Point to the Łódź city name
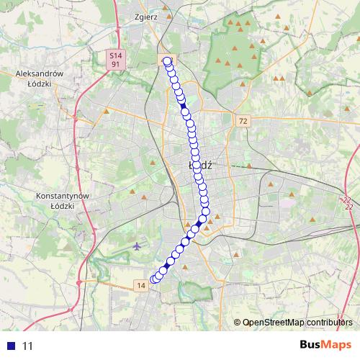tap(199, 165)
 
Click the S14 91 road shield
tap(115, 60)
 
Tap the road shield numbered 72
tap(243, 121)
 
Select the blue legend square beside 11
tap(11, 346)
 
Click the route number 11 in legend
tap(28, 346)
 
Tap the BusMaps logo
tap(326, 345)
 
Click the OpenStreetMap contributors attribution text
tap(297, 323)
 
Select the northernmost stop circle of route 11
tap(168, 61)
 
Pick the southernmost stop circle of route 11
tap(153, 279)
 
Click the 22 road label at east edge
tap(348, 203)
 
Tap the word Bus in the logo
tap(312, 345)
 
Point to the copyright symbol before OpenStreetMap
tap(238, 323)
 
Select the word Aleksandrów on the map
tap(40, 73)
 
